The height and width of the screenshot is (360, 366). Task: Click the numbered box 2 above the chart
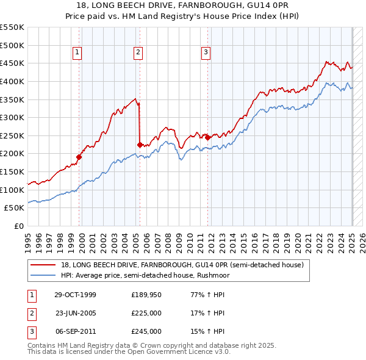coord(138,53)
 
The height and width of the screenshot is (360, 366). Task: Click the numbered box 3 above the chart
coord(206,53)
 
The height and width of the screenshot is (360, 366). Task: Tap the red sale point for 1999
coord(79,157)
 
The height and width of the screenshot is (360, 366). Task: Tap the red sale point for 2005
coord(140,145)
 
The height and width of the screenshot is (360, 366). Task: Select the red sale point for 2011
coord(207,137)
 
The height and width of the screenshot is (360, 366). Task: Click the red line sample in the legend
coord(43,265)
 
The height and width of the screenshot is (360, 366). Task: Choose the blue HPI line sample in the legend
coord(43,275)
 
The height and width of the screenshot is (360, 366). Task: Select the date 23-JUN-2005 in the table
coord(76,313)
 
